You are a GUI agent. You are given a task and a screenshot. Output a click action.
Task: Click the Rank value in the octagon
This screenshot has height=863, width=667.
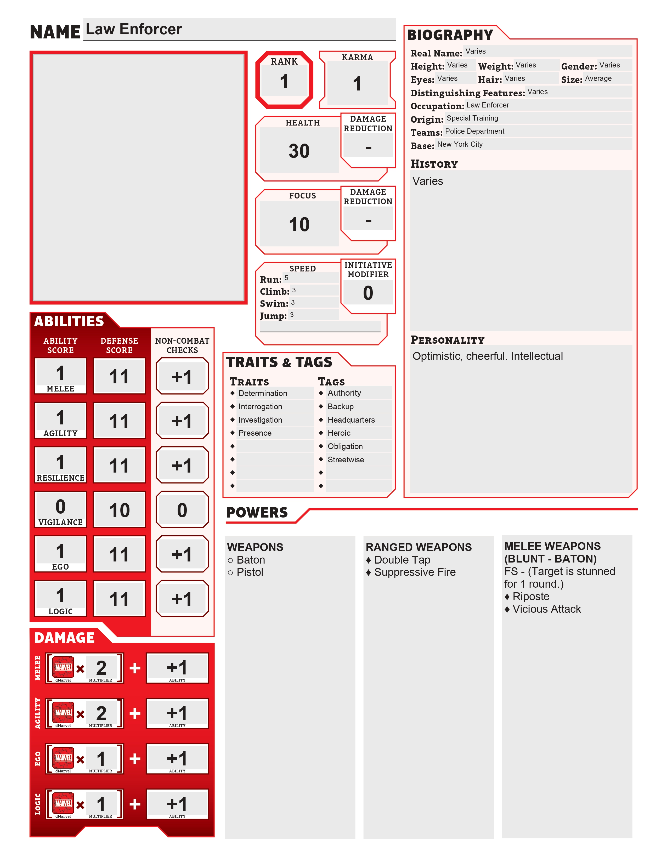pyautogui.click(x=284, y=82)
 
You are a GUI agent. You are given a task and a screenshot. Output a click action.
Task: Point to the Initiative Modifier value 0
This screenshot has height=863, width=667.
pyautogui.click(x=368, y=293)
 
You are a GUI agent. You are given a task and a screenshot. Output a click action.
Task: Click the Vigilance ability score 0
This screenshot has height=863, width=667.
pyautogui.click(x=60, y=507)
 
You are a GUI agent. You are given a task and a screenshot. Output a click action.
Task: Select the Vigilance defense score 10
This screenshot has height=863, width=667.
pyautogui.click(x=119, y=510)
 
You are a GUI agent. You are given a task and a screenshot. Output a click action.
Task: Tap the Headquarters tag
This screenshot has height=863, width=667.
pyautogui.click(x=351, y=420)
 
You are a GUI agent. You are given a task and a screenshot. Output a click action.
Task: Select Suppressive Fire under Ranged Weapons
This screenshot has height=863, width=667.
pyautogui.click(x=415, y=572)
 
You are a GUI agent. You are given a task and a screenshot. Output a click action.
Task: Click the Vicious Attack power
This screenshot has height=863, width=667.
pyautogui.click(x=546, y=609)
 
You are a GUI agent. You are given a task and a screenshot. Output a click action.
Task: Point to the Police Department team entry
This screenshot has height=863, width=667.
pyautogui.click(x=474, y=131)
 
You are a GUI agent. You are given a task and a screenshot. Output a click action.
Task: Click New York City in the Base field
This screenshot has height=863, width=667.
pyautogui.click(x=460, y=144)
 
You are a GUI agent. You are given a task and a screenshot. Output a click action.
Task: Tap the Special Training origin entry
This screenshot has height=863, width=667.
pyautogui.click(x=472, y=118)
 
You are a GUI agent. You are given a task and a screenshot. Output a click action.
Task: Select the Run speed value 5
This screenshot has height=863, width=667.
pyautogui.click(x=286, y=278)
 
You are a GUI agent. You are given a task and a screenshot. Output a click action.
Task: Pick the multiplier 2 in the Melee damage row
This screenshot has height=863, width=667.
pyautogui.click(x=101, y=668)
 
